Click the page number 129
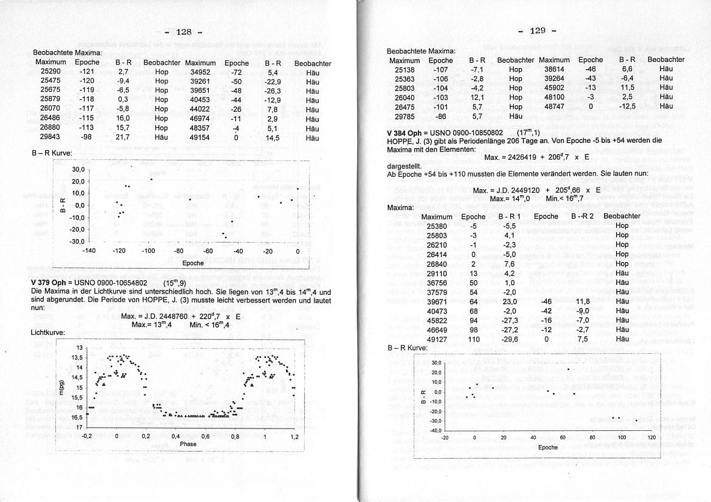pos(538,31)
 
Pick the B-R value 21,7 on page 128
pos(123,138)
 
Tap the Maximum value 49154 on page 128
pos(200,138)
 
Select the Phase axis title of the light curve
pos(188,444)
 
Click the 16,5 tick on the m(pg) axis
pos(77,418)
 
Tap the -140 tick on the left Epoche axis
pos(89,250)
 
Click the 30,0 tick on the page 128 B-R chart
pos(78,170)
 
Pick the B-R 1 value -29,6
pos(508,340)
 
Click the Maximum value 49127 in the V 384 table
pos(437,340)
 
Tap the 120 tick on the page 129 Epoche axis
pos(652,438)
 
